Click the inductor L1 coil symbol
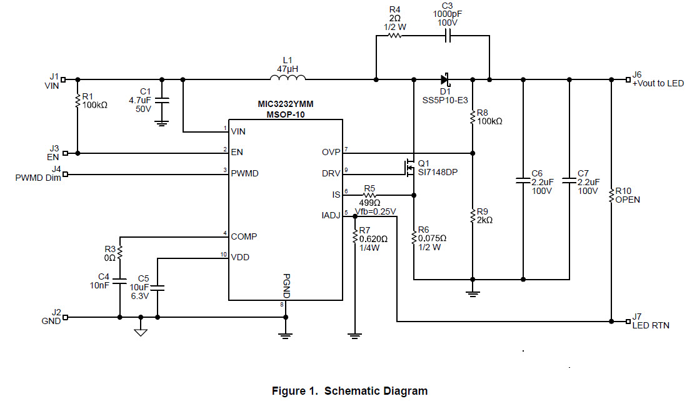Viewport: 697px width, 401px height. pos(288,78)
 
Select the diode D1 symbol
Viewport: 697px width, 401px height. pos(445,79)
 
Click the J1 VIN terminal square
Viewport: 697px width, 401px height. pos(64,79)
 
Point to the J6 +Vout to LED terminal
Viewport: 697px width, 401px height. pos(628,79)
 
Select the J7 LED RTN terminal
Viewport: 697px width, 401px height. pos(628,322)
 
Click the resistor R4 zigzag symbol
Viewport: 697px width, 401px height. pos(394,36)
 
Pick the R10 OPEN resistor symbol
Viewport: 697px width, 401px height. pos(611,196)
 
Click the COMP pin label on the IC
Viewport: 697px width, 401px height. pos(244,236)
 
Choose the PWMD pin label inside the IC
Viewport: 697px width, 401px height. pos(244,174)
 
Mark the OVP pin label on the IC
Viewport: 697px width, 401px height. pos(330,152)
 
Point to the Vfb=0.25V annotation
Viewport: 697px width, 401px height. pos(375,211)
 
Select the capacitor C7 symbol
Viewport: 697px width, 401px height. pos(569,181)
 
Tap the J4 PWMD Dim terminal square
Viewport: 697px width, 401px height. pos(64,175)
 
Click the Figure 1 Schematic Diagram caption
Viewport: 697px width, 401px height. pos(349,391)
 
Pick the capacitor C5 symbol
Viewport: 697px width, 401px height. pos(157,288)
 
